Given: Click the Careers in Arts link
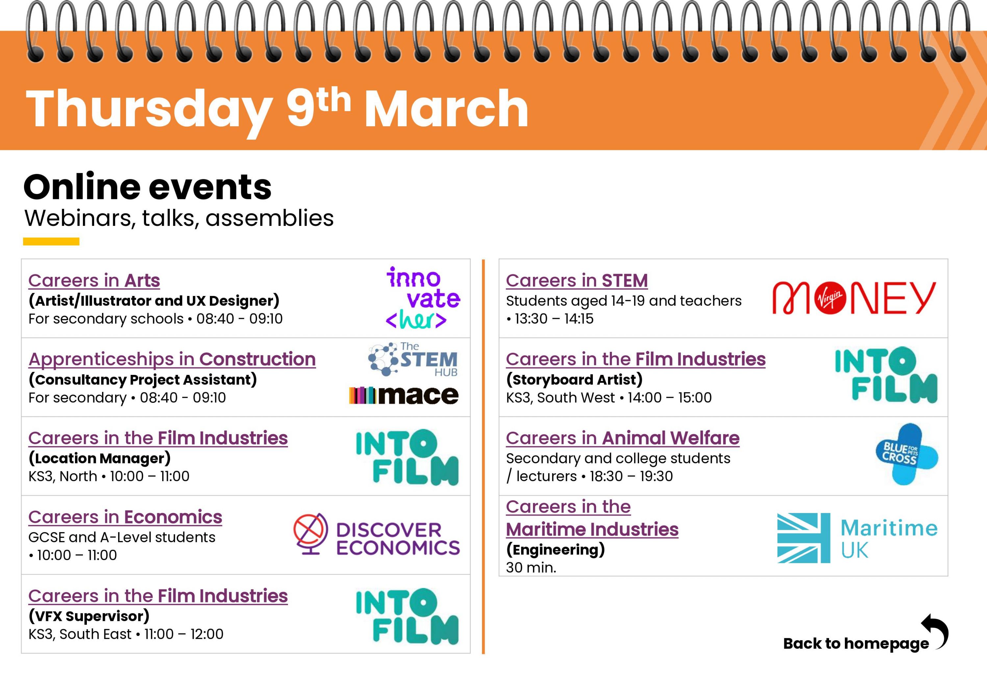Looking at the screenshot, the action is tap(94, 281).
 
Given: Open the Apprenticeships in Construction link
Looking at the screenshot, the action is tap(172, 359).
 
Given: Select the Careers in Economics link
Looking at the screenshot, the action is tap(125, 517).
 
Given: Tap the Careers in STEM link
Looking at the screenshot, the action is tap(577, 281).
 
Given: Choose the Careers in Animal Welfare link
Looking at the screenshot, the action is tap(622, 438).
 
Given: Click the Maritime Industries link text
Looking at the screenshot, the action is tap(592, 529).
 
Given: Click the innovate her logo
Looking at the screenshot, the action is tap(423, 298).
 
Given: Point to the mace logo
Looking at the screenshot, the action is tap(404, 395).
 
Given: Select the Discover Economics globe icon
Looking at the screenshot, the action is tap(311, 534).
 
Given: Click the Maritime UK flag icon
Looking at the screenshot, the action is tap(803, 538).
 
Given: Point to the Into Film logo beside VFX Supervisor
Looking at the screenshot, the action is tap(407, 617).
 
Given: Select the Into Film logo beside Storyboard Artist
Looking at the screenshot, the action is tap(886, 375).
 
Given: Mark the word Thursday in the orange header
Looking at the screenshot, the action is tap(149, 110).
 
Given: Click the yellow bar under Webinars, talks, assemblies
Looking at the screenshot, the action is tap(51, 241).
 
